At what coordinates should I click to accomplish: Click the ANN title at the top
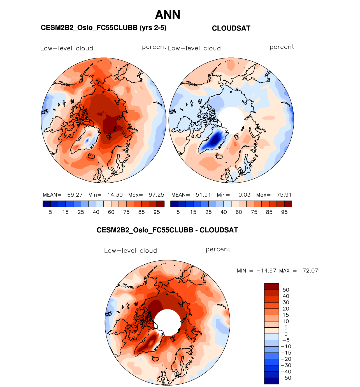click(x=168, y=15)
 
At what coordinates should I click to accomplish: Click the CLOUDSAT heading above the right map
click(x=231, y=28)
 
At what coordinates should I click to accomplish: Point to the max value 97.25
click(x=156, y=195)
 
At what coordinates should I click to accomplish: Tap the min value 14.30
click(x=115, y=195)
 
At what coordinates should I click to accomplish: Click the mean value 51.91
click(x=203, y=195)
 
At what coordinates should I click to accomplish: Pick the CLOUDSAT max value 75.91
click(x=284, y=195)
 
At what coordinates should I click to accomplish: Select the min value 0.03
click(x=244, y=195)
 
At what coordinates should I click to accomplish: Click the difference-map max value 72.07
click(x=310, y=271)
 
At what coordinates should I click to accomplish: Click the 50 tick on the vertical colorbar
click(x=286, y=290)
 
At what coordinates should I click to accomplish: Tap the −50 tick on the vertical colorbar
click(x=286, y=378)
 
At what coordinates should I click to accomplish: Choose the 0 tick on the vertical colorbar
click(x=286, y=334)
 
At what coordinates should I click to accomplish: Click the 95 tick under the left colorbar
click(x=157, y=212)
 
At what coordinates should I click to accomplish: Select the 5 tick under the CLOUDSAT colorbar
click(x=178, y=212)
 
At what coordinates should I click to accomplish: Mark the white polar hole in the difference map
click(x=168, y=323)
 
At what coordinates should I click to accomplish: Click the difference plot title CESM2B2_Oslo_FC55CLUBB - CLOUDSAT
click(x=167, y=230)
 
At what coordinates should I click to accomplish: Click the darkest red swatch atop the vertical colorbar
click(x=271, y=286)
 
